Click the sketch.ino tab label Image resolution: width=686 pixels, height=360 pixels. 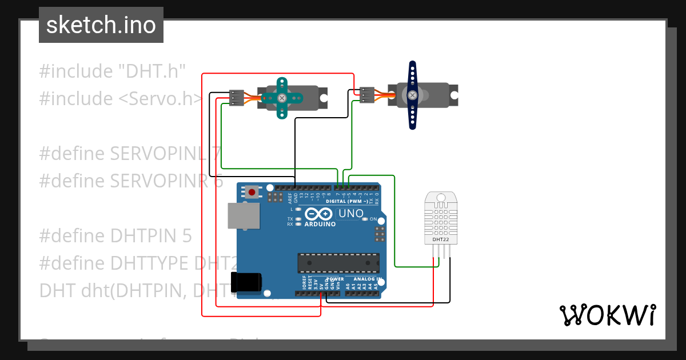point(101,25)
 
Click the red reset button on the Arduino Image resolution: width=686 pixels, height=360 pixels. point(252,191)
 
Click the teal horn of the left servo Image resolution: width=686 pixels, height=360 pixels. point(281,98)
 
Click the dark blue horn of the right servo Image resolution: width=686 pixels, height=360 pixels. point(412,95)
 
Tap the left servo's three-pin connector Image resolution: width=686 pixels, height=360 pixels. point(236,98)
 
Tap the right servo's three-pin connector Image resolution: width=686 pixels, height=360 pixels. point(367,94)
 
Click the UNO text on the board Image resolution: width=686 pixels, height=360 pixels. point(351,214)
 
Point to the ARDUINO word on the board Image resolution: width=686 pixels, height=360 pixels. point(320,224)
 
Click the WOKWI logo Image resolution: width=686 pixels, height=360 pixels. point(607,315)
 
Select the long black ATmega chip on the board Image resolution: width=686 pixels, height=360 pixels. point(337,262)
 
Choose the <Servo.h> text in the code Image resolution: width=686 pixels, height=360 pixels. point(161,99)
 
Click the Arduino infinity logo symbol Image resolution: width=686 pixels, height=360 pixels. point(318,214)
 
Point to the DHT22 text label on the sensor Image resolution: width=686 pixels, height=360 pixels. point(440,240)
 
